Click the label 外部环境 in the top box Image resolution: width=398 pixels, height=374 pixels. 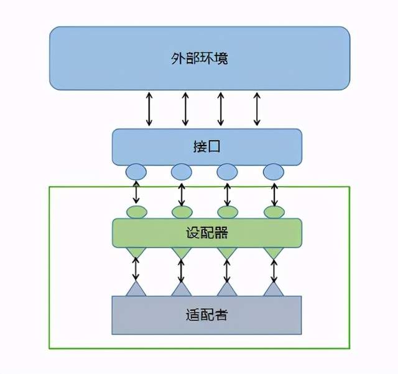[199, 59]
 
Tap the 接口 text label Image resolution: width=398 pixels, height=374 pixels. [207, 147]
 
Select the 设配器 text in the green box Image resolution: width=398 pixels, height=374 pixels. [207, 233]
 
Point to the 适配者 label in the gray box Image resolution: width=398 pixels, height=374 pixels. [207, 315]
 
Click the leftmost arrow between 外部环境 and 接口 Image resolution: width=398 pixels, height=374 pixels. [149, 109]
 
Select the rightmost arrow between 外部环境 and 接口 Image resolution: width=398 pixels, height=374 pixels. [257, 109]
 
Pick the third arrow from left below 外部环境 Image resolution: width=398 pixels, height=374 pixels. [220, 109]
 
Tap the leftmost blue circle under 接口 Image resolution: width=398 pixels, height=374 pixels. [136, 171]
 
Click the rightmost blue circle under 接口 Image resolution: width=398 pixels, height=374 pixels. [273, 171]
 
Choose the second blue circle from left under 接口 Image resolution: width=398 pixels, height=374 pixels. [181, 171]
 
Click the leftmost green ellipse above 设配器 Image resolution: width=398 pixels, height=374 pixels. [136, 212]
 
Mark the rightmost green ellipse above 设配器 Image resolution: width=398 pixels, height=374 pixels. [273, 212]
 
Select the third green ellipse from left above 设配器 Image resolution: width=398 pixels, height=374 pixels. [227, 212]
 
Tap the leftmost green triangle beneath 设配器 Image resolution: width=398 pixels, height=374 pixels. [136, 253]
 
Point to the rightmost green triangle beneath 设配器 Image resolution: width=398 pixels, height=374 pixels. [273, 253]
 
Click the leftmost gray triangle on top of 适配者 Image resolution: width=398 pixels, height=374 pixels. [136, 289]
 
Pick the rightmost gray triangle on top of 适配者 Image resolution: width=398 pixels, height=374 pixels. [273, 289]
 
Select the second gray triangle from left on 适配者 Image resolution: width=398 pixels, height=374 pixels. [181, 289]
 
